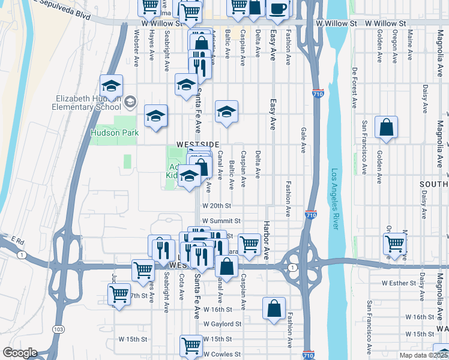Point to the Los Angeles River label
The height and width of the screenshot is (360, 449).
click(x=334, y=199)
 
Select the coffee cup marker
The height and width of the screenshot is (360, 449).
click(x=278, y=8)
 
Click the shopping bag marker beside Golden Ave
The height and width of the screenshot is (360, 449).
click(x=386, y=127)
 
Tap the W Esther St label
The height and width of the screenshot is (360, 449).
click(x=399, y=283)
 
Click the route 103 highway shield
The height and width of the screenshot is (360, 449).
click(x=58, y=329)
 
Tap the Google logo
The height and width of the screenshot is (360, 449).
click(x=20, y=353)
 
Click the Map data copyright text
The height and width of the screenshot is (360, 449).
click(x=423, y=355)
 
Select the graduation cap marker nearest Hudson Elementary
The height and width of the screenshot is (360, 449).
click(x=111, y=85)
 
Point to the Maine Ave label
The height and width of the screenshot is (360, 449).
click(x=410, y=45)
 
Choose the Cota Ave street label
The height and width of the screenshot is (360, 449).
click(x=181, y=287)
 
